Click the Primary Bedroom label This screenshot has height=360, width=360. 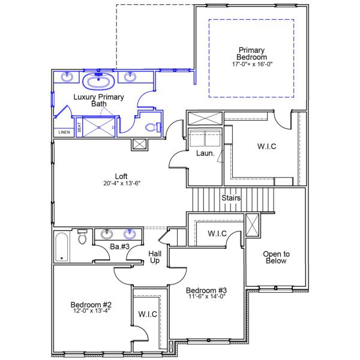251,53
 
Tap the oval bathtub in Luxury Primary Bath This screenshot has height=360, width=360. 96,82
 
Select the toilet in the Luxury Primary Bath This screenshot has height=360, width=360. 154,127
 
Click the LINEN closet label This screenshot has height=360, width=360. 64,133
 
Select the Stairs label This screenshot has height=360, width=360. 232,197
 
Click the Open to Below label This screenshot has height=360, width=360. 277,257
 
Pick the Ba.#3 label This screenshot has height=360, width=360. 119,247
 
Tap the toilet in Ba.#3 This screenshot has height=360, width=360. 83,238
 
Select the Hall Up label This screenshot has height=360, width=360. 155,257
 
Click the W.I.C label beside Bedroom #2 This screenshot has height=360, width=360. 147,314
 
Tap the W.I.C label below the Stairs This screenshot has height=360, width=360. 217,233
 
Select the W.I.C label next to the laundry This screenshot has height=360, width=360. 266,147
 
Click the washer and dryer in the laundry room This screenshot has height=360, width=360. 205,137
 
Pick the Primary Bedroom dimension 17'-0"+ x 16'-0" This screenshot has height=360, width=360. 251,64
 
